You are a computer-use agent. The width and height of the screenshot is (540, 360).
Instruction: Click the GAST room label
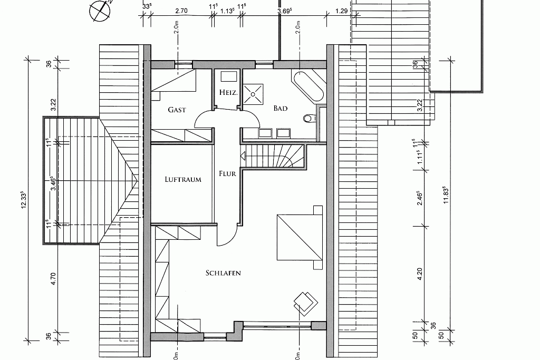(x=177, y=110)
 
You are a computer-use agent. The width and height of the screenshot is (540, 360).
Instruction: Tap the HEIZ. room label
(x=228, y=92)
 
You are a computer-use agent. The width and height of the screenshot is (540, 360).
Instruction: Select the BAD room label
(x=281, y=108)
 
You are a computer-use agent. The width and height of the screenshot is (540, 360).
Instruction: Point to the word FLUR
(x=227, y=173)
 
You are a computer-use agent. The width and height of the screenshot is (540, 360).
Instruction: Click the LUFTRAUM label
(x=183, y=179)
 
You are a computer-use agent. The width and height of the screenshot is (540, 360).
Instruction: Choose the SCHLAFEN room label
(x=223, y=273)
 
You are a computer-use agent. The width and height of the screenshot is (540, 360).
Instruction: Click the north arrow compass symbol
(x=101, y=11)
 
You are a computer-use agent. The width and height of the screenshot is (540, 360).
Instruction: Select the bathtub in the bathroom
(x=308, y=86)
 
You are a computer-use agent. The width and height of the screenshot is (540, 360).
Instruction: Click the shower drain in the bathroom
(x=253, y=94)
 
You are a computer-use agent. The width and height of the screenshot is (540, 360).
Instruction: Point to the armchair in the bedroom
(x=305, y=303)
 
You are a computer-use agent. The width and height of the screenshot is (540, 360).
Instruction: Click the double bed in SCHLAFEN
(x=300, y=238)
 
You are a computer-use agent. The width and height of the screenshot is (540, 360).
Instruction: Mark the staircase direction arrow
(x=243, y=156)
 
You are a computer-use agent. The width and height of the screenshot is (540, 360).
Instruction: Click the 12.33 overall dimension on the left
(x=24, y=200)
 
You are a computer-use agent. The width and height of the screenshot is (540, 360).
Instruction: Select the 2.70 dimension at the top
(x=181, y=11)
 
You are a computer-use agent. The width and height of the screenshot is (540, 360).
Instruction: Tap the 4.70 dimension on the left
(x=53, y=279)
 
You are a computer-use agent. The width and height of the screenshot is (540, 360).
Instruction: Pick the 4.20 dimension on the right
(x=419, y=274)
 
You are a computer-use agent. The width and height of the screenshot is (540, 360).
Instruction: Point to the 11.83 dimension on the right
(x=445, y=195)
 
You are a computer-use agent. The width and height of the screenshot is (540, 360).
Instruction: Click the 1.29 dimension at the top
(x=341, y=11)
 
